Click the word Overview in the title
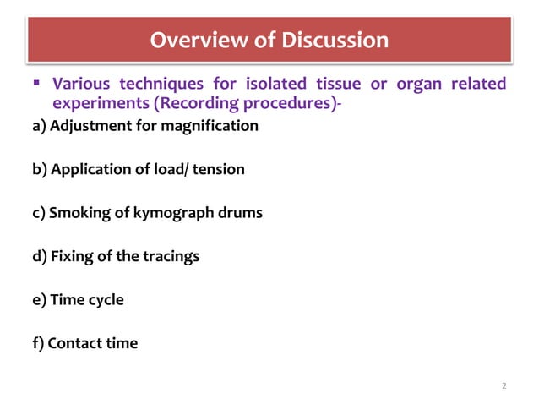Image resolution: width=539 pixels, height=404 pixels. coord(192,40)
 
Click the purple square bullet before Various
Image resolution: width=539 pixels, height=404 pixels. coord(36,85)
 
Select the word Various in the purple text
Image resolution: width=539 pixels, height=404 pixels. coord(82,85)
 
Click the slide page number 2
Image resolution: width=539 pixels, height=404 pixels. coord(504,386)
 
